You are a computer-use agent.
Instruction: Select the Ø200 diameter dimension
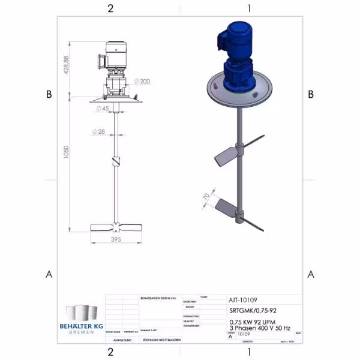coord(143,80)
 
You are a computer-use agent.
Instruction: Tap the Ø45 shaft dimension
coord(102,109)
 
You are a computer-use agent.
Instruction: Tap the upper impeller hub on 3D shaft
coord(241,146)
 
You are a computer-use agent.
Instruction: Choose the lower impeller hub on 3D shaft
coord(242,212)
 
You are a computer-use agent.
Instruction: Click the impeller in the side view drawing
coord(117,227)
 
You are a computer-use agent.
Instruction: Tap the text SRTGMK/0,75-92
coord(253,311)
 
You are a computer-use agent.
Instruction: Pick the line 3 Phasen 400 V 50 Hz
coord(260,329)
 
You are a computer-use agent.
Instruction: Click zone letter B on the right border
coord(311,94)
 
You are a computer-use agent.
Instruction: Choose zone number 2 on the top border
coord(110,8)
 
